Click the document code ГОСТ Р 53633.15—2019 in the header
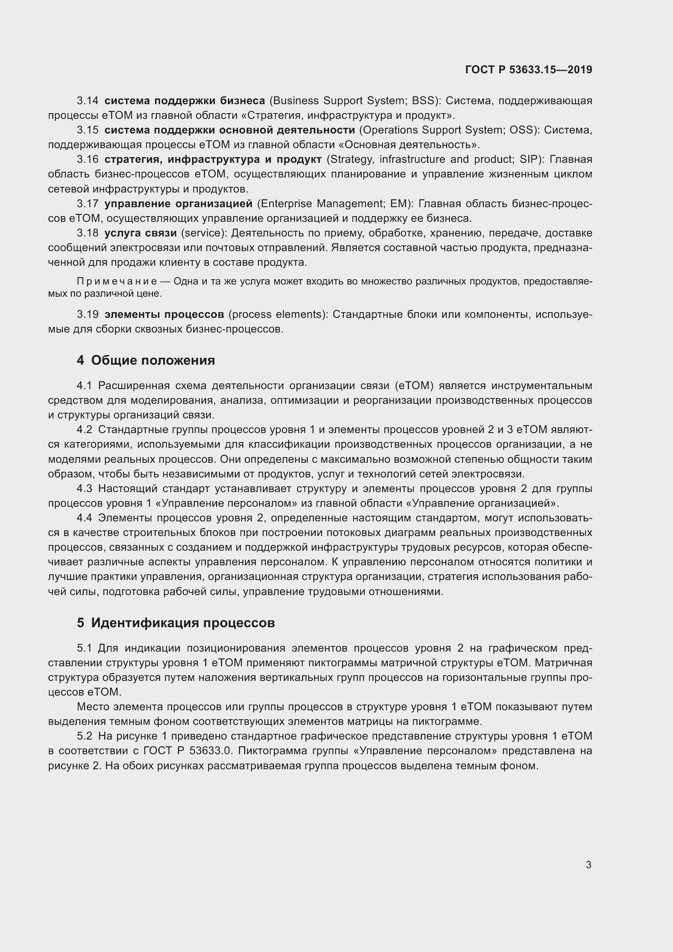pyautogui.click(x=529, y=70)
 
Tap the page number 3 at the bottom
pyautogui.click(x=588, y=864)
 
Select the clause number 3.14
pyautogui.click(x=87, y=101)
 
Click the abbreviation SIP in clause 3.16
pyautogui.click(x=529, y=159)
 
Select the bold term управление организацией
pyautogui.click(x=178, y=204)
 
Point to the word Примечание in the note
pyautogui.click(x=117, y=282)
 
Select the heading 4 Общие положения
pyautogui.click(x=146, y=360)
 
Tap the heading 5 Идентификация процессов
pyautogui.click(x=176, y=622)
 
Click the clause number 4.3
pyautogui.click(x=85, y=488)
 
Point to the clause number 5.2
pyautogui.click(x=85, y=736)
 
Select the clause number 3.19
pyautogui.click(x=87, y=314)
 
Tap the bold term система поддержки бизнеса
pyautogui.click(x=184, y=101)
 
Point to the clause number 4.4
pyautogui.click(x=85, y=518)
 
